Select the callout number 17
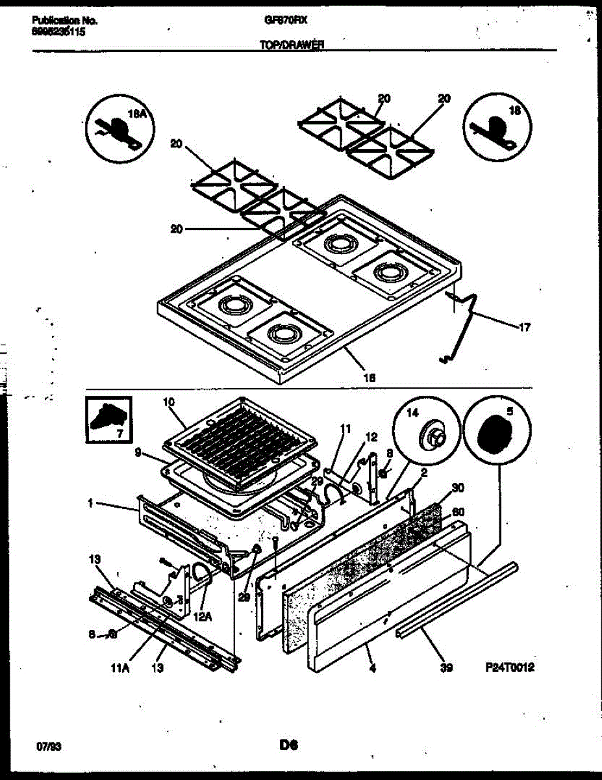pos(524,327)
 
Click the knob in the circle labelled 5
pos(499,432)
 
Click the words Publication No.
pos(64,20)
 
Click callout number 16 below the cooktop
pos(371,376)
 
